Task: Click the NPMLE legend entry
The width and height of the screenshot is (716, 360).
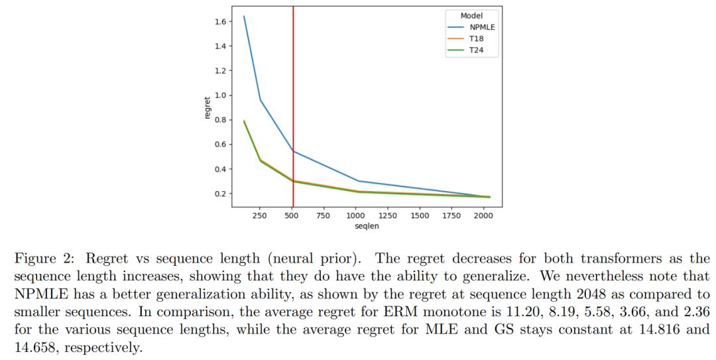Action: (482, 27)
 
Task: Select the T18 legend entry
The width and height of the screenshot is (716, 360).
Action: (476, 39)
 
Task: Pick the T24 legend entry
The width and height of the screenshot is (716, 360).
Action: (476, 50)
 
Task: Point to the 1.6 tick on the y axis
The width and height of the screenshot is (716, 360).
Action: (219, 22)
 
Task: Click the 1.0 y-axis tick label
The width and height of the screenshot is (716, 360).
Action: (219, 95)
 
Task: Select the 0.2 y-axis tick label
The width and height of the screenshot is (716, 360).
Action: (219, 194)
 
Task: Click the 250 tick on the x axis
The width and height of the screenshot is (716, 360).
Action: (260, 215)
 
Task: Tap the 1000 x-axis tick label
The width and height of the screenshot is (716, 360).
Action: (355, 215)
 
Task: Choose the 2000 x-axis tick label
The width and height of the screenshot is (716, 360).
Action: (483, 215)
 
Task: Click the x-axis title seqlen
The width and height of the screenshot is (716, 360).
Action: (367, 226)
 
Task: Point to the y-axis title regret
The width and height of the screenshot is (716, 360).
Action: (208, 108)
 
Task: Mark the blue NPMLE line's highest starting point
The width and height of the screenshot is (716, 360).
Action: (244, 17)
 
